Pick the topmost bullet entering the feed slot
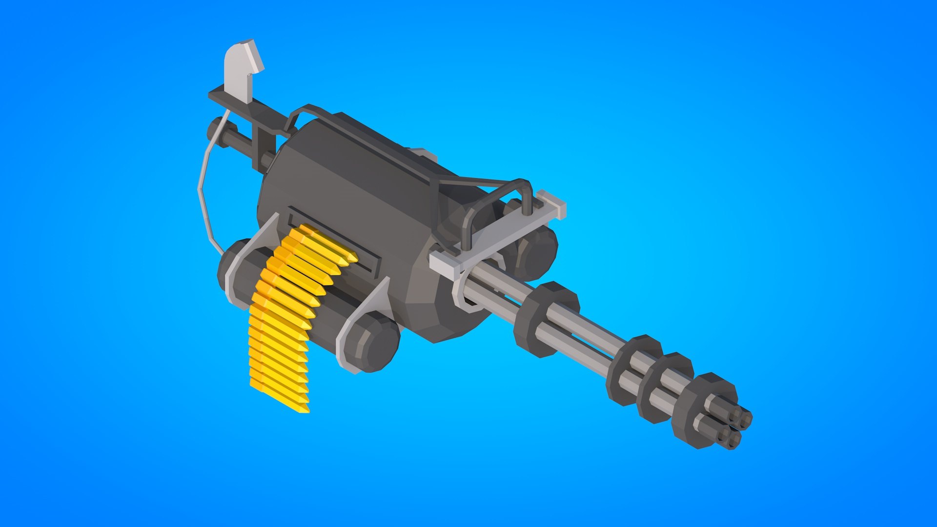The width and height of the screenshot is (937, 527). click(332, 242)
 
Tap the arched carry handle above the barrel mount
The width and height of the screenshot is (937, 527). click(503, 195)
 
